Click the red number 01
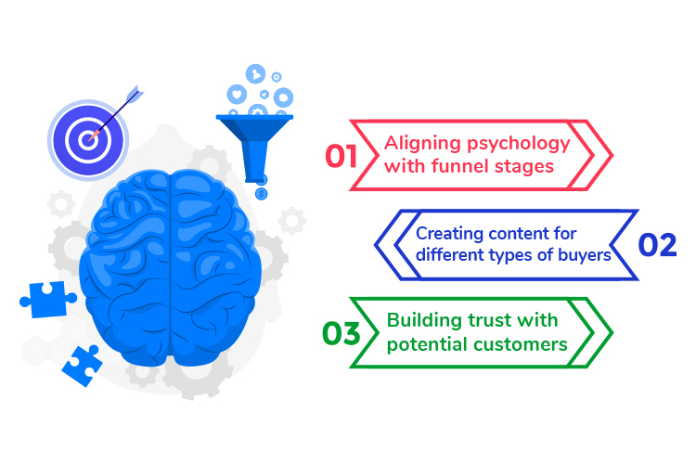tap(342, 155)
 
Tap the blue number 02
tap(658, 244)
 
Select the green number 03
tap(341, 332)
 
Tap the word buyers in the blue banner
tap(586, 255)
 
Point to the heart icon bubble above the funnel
tap(238, 95)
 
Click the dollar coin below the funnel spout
tap(262, 193)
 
